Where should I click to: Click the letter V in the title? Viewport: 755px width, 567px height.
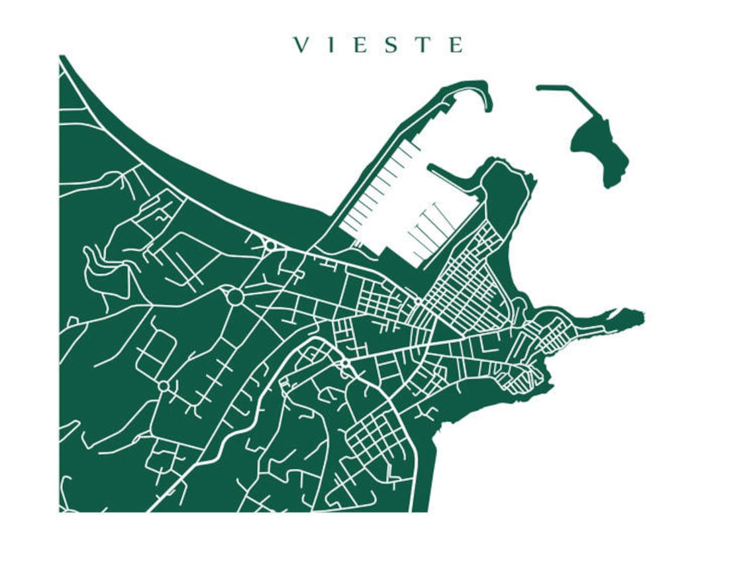click(x=301, y=45)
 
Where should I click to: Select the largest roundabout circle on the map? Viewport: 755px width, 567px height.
click(x=234, y=297)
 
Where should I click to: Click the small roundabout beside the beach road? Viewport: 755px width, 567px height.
click(x=270, y=246)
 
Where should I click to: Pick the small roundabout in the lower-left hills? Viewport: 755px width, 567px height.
click(x=164, y=386)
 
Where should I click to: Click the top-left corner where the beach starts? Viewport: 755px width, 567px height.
click(x=62, y=60)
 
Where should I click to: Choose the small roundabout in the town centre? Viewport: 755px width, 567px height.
click(x=344, y=363)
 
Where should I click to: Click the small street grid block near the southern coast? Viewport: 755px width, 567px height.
click(x=377, y=437)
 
